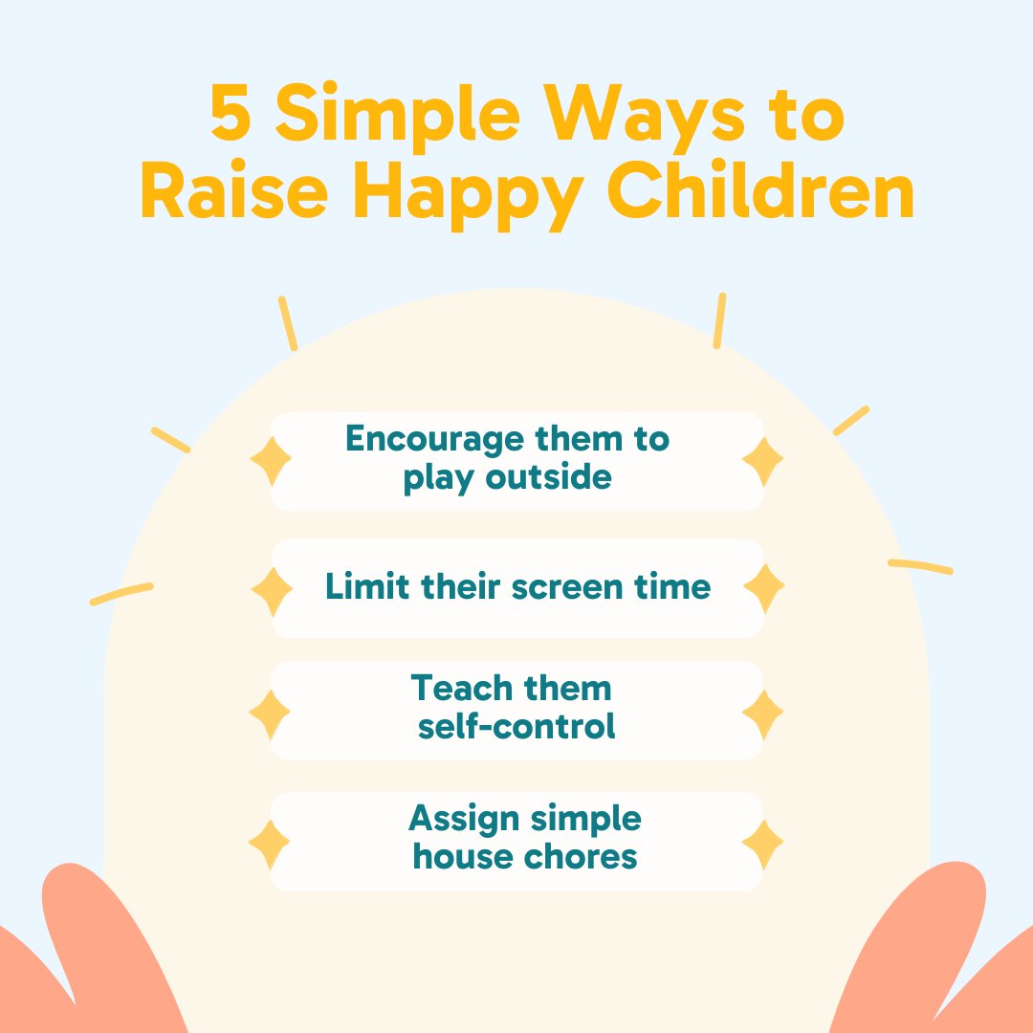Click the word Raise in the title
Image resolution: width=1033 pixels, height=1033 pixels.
coord(239,194)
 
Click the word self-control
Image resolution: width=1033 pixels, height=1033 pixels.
coord(516,726)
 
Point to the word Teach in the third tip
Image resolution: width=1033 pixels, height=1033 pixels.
coord(458,688)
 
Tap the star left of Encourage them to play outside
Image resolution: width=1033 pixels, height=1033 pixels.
coord(271,462)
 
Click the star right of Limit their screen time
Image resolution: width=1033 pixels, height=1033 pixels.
coord(763,588)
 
